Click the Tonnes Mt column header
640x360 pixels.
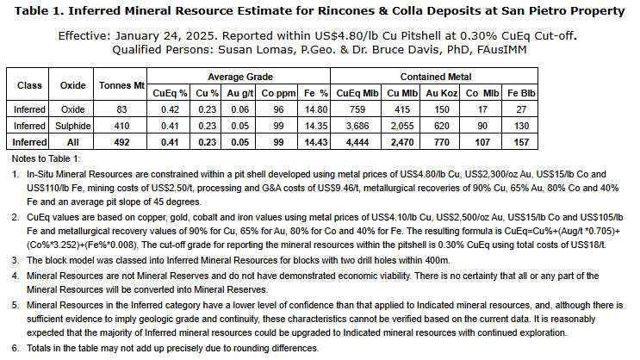[121, 86]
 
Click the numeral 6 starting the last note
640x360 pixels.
[16, 348]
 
